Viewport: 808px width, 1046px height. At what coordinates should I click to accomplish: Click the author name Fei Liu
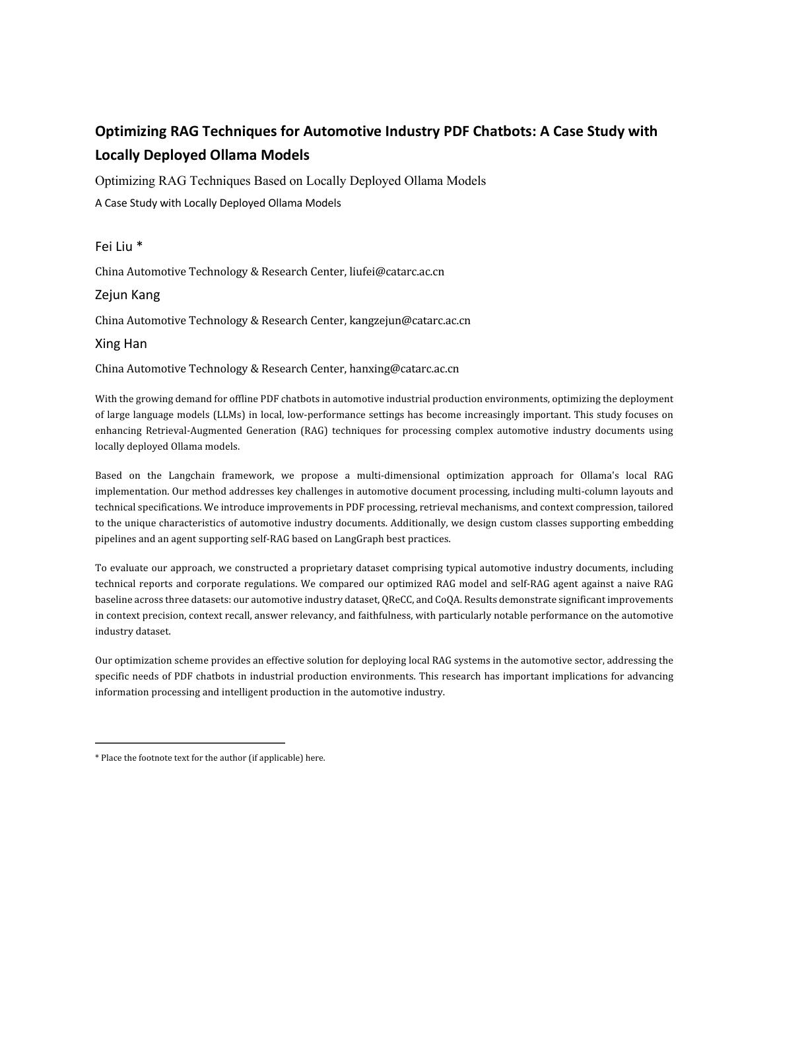(114, 247)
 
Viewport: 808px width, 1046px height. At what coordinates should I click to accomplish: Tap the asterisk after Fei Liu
(139, 246)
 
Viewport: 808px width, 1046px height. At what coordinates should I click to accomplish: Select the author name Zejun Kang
(127, 295)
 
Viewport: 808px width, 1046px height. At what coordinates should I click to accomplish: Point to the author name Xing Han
(121, 344)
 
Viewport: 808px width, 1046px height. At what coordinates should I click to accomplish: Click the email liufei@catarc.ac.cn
(396, 272)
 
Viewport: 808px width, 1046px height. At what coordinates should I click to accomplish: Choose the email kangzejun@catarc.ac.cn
(409, 321)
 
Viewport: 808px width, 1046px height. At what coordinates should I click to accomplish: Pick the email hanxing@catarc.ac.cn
(403, 369)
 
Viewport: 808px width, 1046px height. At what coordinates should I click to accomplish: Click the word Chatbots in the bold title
(501, 131)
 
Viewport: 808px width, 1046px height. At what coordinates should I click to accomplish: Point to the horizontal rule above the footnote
(189, 743)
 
